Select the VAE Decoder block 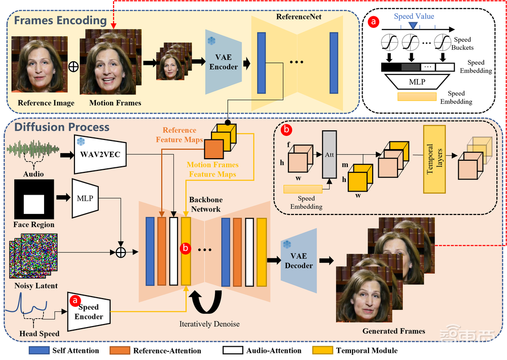[x=299, y=261]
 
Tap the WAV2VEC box [x=100, y=154]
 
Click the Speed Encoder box [x=89, y=312]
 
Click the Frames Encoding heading [x=60, y=21]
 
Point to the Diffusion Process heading [x=62, y=127]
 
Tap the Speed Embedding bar [x=306, y=189]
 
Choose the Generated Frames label [x=393, y=331]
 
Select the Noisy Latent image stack [x=33, y=256]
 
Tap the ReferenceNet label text [x=299, y=17]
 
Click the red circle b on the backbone [x=186, y=248]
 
